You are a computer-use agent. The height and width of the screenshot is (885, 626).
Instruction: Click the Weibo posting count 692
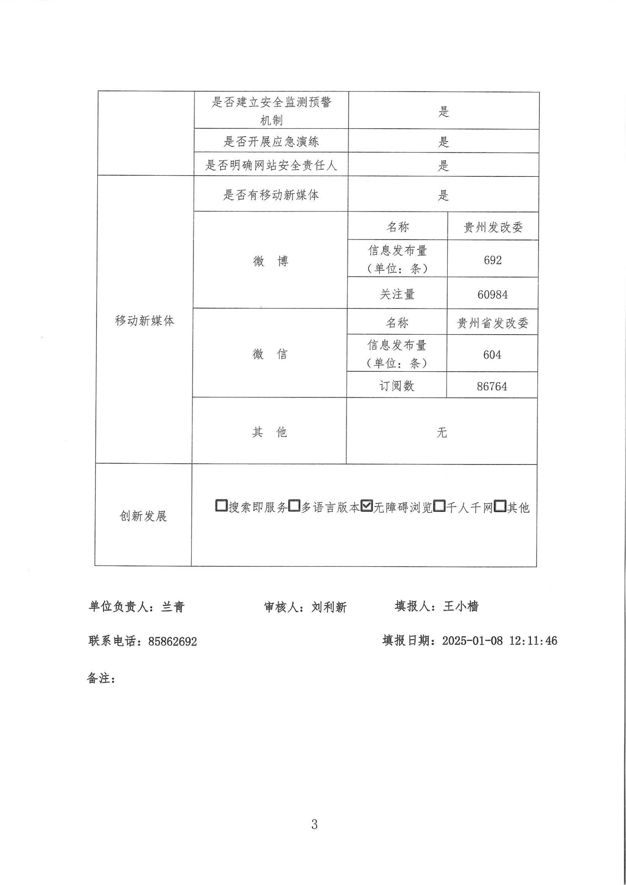click(493, 260)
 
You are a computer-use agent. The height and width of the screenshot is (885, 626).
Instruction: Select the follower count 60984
click(493, 294)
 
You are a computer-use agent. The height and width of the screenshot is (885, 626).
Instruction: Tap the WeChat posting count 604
click(492, 355)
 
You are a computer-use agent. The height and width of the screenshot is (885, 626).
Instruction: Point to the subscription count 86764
click(492, 386)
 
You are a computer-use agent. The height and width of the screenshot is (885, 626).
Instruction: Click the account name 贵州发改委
click(493, 228)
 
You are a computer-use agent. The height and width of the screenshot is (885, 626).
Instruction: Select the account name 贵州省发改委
click(492, 324)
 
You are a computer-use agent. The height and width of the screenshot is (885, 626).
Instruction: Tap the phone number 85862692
click(172, 642)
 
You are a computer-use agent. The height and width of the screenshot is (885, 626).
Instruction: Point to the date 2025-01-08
click(473, 640)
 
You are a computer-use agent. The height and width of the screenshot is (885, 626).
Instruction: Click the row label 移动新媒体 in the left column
click(144, 321)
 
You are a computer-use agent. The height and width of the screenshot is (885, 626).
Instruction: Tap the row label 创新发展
click(144, 516)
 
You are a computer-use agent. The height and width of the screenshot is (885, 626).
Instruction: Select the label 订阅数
click(397, 386)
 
